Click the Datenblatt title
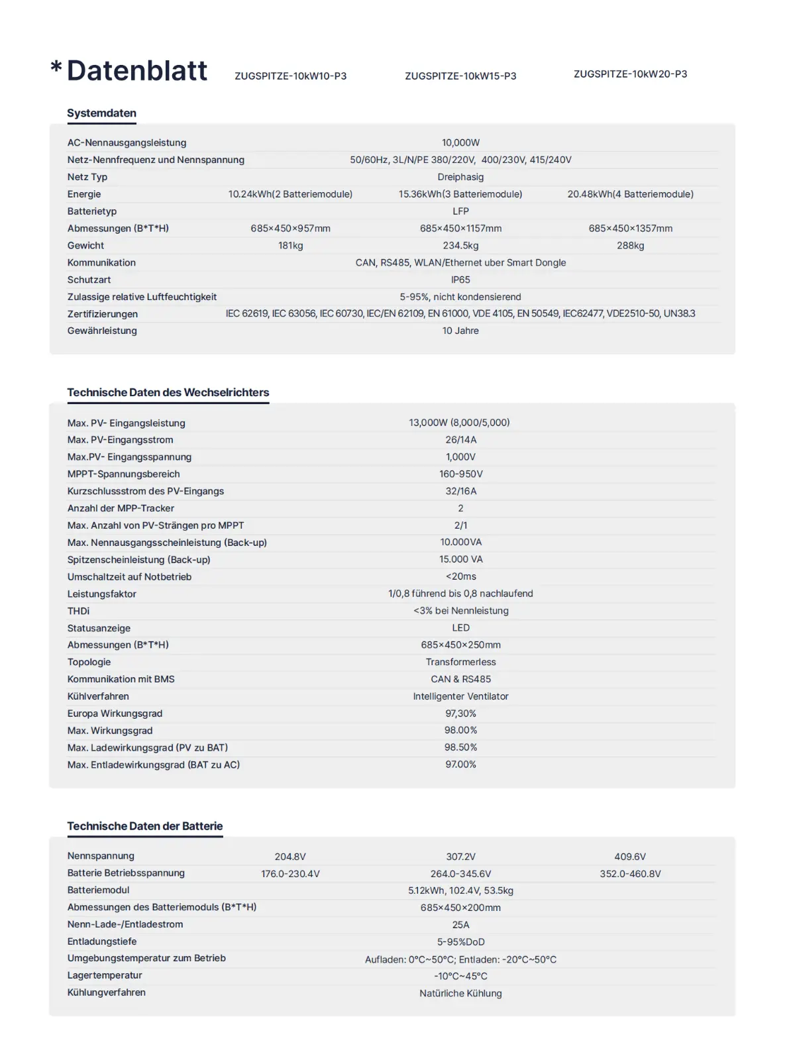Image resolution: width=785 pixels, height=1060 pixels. pyautogui.click(x=137, y=71)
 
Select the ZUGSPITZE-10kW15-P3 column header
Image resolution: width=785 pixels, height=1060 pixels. pyautogui.click(x=460, y=76)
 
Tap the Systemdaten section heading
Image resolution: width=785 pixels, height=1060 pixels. pyautogui.click(x=101, y=113)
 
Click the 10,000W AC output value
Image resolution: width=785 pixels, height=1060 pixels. pyautogui.click(x=460, y=142)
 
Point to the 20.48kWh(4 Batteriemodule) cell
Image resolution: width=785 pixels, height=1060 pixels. pyautogui.click(x=630, y=194)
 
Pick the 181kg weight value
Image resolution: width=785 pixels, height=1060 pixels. pyautogui.click(x=290, y=246)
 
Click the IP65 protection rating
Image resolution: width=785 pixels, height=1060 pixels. pyautogui.click(x=460, y=280)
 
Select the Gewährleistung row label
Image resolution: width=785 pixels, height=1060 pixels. pyautogui.click(x=102, y=331)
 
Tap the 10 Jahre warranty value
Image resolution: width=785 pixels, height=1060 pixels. pyautogui.click(x=460, y=331)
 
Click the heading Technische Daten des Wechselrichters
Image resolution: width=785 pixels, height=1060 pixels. pyautogui.click(x=168, y=392)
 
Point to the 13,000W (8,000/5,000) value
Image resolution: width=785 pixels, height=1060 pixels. pyautogui.click(x=459, y=423)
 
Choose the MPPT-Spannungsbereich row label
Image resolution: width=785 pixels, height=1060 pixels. pyautogui.click(x=123, y=474)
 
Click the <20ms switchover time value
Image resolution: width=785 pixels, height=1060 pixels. pyautogui.click(x=460, y=576)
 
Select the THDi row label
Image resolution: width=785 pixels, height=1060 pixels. pyautogui.click(x=78, y=611)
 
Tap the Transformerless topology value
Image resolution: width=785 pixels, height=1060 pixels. pyautogui.click(x=460, y=662)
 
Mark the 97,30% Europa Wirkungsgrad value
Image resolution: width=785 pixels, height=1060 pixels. pyautogui.click(x=460, y=714)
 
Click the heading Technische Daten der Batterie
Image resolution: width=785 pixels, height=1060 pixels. pyautogui.click(x=144, y=826)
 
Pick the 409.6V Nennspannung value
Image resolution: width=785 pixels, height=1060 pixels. pyautogui.click(x=630, y=857)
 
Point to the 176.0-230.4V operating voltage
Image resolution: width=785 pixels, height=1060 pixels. pyautogui.click(x=290, y=874)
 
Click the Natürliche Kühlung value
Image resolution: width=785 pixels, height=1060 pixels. pyautogui.click(x=460, y=993)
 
